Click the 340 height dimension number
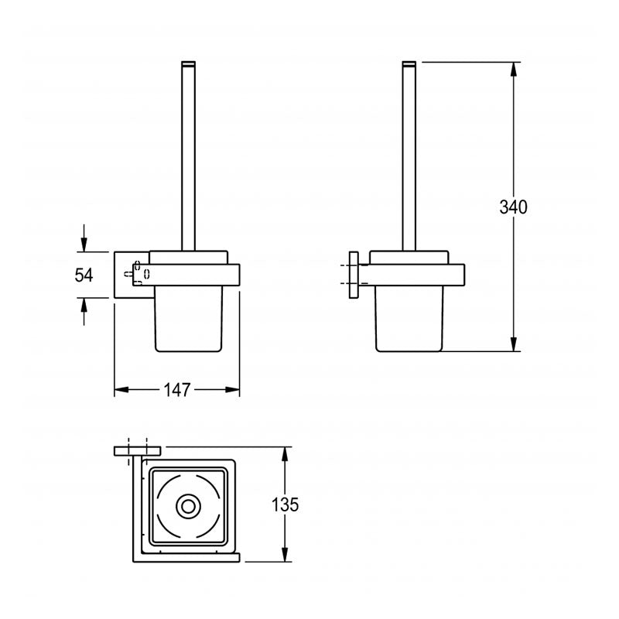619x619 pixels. pos(513,207)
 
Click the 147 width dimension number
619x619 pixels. pos(177,391)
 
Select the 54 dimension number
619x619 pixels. pos(83,275)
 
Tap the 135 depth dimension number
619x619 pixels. pos(285,505)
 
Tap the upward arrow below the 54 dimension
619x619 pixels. pos(84,309)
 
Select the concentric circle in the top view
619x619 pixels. pos(186,508)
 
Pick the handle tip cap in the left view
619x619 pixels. pos(188,61)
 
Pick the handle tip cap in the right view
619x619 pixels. pos(409,61)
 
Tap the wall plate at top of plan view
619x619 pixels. pos(137,450)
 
